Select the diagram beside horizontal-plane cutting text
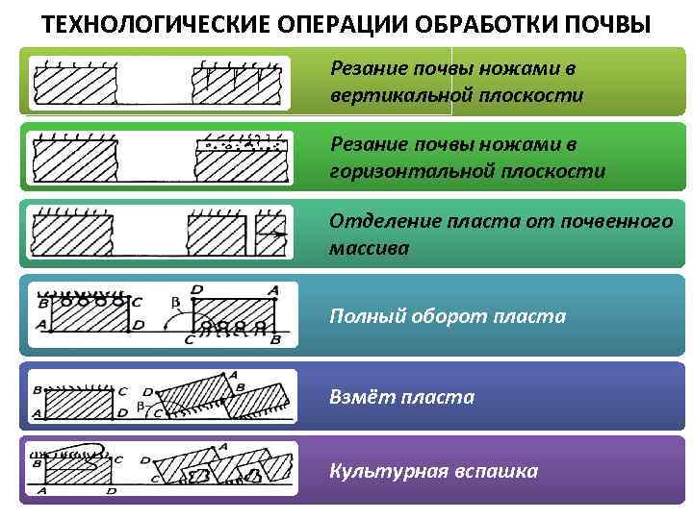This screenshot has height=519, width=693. click(x=160, y=156)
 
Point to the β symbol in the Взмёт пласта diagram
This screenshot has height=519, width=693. click(x=141, y=407)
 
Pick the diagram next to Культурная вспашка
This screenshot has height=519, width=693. click(x=160, y=467)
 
